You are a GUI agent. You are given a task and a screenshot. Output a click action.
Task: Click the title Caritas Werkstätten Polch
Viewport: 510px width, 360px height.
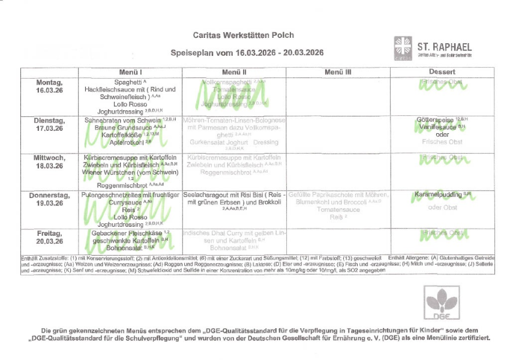244,35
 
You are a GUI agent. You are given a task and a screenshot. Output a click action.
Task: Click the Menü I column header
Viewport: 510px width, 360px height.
130,72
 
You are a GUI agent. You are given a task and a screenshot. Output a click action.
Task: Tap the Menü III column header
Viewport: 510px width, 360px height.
338,72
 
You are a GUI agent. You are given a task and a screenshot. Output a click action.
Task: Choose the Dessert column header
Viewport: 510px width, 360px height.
443,72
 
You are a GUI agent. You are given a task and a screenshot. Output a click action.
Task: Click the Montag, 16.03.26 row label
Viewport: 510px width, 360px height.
50,85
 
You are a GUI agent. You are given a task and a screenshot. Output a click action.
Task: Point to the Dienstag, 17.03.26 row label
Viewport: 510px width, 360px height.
50,124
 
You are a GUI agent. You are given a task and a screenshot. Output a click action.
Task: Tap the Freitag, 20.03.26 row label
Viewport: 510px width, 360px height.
50,236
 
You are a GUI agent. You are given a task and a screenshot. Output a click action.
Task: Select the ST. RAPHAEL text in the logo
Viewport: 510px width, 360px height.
445,47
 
